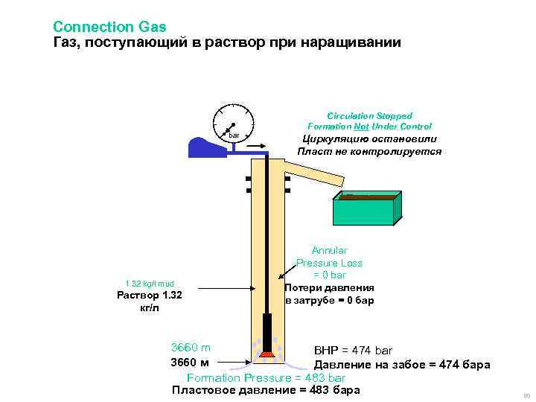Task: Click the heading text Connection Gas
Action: [104, 27]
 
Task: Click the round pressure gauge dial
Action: [233, 124]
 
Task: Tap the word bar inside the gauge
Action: [234, 135]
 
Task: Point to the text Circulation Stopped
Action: [369, 116]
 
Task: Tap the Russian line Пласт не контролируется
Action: [369, 151]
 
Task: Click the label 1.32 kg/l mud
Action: [149, 283]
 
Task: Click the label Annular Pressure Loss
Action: [329, 257]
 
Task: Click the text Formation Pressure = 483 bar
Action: [266, 377]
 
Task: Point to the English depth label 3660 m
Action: [191, 348]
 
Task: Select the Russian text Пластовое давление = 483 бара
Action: [266, 390]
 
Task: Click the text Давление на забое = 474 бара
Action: [401, 364]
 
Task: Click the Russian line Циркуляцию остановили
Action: [369, 139]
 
